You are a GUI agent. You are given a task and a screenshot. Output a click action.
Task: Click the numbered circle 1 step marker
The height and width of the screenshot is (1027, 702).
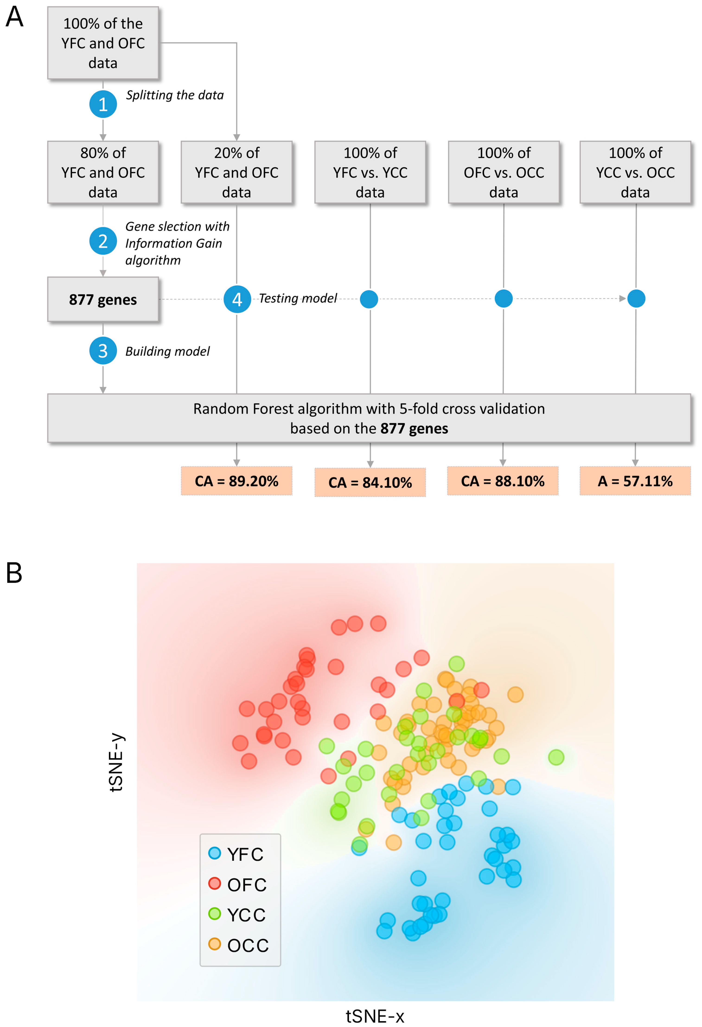pos(103,104)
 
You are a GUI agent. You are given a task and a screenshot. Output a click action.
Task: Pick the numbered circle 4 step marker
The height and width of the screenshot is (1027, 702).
pos(237,299)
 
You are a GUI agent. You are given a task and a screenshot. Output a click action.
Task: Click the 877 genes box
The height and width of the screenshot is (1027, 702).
pos(103,299)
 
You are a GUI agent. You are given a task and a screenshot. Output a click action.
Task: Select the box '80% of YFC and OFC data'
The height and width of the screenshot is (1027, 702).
pos(103,172)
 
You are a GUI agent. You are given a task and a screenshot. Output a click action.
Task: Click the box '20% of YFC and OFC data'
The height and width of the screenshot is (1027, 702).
pos(237,172)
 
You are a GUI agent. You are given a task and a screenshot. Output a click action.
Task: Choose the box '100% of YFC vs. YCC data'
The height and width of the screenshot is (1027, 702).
pos(370,172)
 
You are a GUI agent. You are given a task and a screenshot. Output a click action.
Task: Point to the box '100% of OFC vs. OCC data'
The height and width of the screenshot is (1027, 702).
pos(504,172)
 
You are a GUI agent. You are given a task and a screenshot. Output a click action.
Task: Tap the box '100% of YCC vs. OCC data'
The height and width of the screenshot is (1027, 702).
pos(635,172)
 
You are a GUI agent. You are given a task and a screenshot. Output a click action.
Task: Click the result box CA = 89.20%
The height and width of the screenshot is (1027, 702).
pos(237,481)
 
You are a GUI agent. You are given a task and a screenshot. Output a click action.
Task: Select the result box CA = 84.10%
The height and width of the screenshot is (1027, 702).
pos(370,482)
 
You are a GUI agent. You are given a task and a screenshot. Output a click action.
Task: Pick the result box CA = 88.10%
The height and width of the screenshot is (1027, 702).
pos(503,481)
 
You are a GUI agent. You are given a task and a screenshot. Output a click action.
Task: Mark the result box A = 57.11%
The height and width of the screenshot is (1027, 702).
pos(635,481)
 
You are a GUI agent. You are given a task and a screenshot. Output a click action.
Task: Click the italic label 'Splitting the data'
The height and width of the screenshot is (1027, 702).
pos(175,95)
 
